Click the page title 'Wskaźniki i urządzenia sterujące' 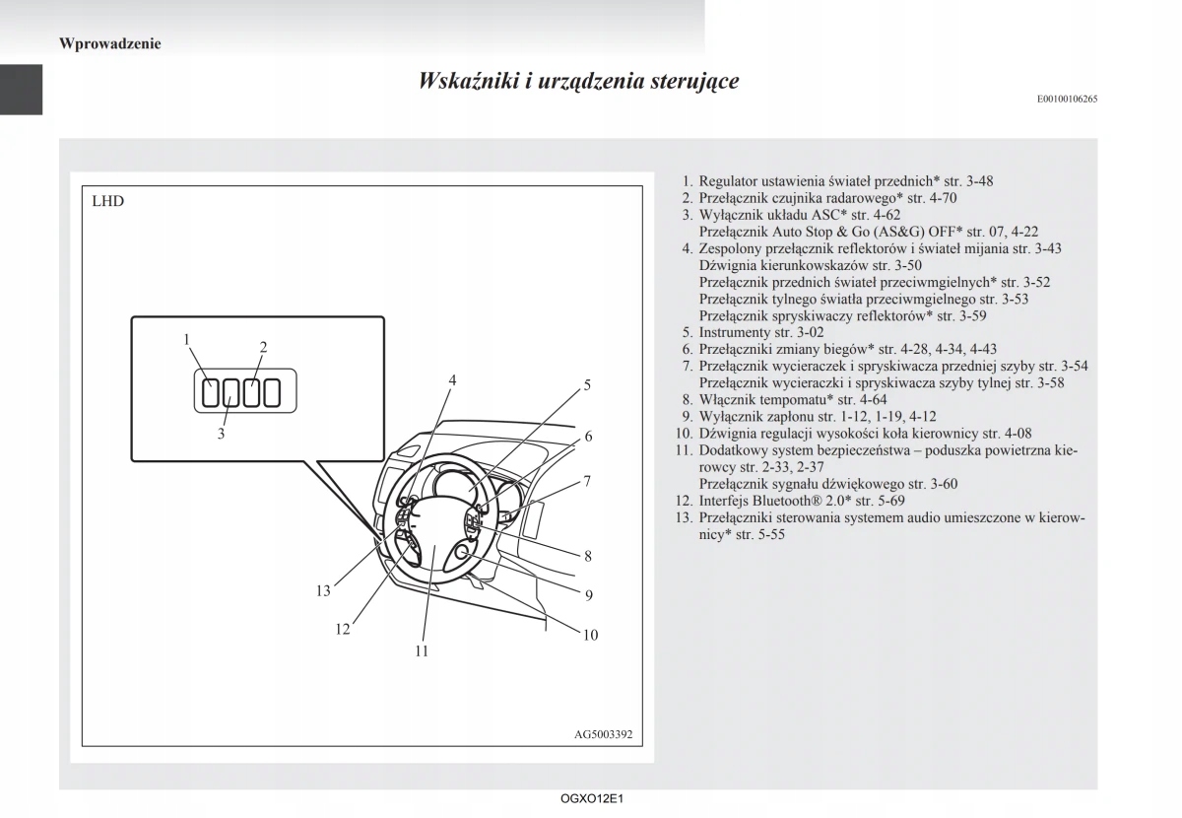pyautogui.click(x=578, y=81)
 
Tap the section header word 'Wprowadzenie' pyautogui.click(x=110, y=43)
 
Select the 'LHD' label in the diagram pyautogui.click(x=108, y=202)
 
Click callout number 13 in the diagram pyautogui.click(x=323, y=591)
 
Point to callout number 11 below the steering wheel pyautogui.click(x=422, y=650)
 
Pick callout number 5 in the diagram pyautogui.click(x=587, y=385)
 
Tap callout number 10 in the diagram pyautogui.click(x=590, y=635)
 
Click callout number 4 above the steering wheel pyautogui.click(x=453, y=379)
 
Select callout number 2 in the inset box pyautogui.click(x=264, y=346)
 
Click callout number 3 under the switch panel pyautogui.click(x=221, y=434)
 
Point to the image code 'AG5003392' pyautogui.click(x=603, y=734)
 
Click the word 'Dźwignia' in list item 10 pyautogui.click(x=727, y=433)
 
